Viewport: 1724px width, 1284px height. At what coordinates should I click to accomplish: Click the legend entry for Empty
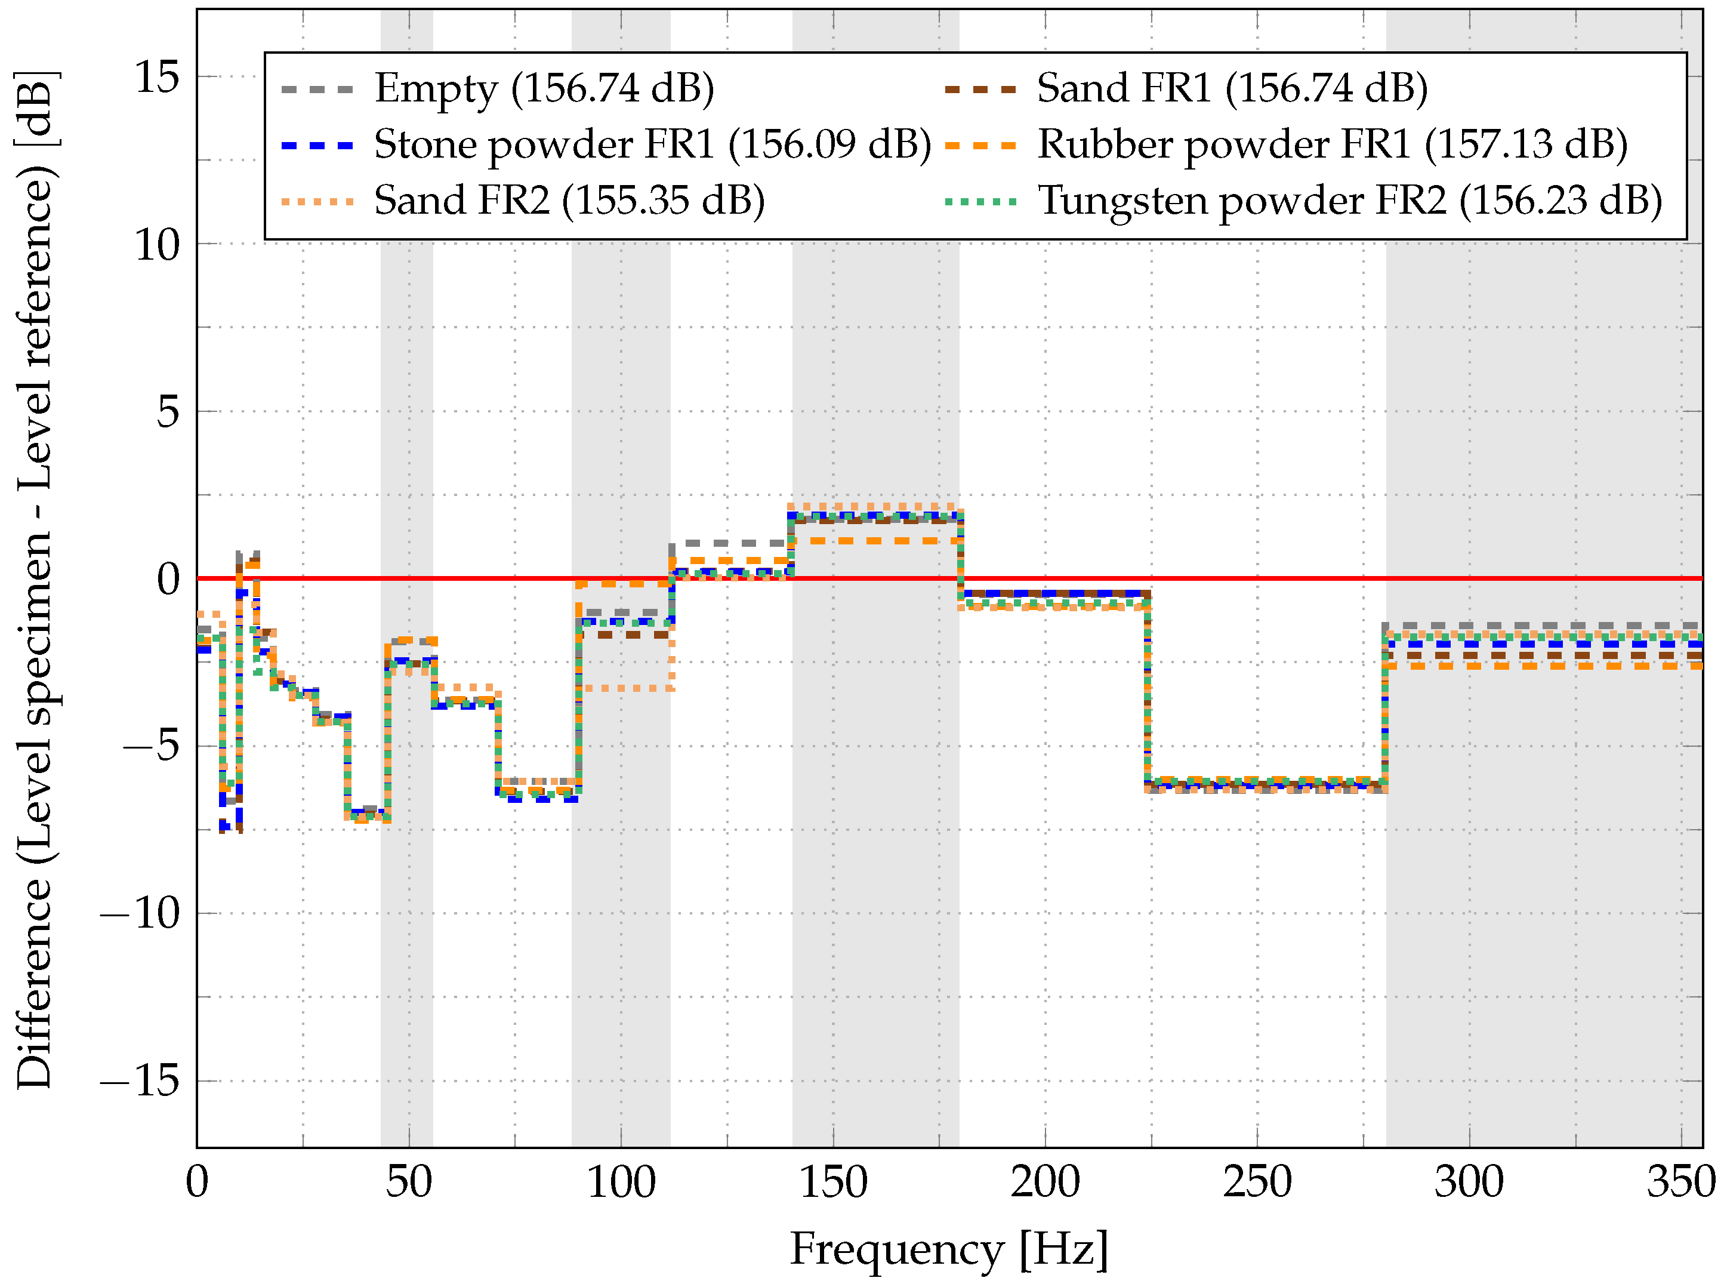pyautogui.click(x=544, y=88)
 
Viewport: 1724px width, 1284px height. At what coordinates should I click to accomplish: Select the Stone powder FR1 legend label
pyautogui.click(x=652, y=145)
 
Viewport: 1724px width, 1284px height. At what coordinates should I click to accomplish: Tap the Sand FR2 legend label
pyautogui.click(x=569, y=201)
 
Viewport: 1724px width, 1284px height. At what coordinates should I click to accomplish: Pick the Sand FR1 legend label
pyautogui.click(x=1232, y=88)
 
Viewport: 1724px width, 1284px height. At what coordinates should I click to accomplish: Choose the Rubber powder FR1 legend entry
pyautogui.click(x=1333, y=145)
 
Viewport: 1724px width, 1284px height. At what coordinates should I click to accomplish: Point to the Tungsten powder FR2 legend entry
pyautogui.click(x=1349, y=201)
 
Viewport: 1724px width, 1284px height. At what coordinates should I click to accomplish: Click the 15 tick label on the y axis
pyautogui.click(x=157, y=77)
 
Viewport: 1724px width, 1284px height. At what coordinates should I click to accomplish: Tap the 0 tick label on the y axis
pyautogui.click(x=168, y=579)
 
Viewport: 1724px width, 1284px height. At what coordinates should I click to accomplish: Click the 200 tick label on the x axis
pyautogui.click(x=1045, y=1183)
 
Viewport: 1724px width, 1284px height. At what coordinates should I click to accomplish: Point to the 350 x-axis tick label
pyautogui.click(x=1680, y=1183)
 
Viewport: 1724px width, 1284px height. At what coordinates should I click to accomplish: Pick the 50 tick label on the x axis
pyautogui.click(x=409, y=1183)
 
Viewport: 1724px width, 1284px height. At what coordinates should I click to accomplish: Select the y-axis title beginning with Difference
pyautogui.click(x=36, y=579)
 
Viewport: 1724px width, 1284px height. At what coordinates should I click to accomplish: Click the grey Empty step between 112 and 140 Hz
pyautogui.click(x=730, y=543)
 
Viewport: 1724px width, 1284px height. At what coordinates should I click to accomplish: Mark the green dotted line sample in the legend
pyautogui.click(x=980, y=202)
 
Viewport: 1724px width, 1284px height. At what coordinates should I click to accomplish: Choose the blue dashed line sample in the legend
pyautogui.click(x=317, y=145)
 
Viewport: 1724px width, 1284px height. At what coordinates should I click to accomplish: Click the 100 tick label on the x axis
pyautogui.click(x=621, y=1183)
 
